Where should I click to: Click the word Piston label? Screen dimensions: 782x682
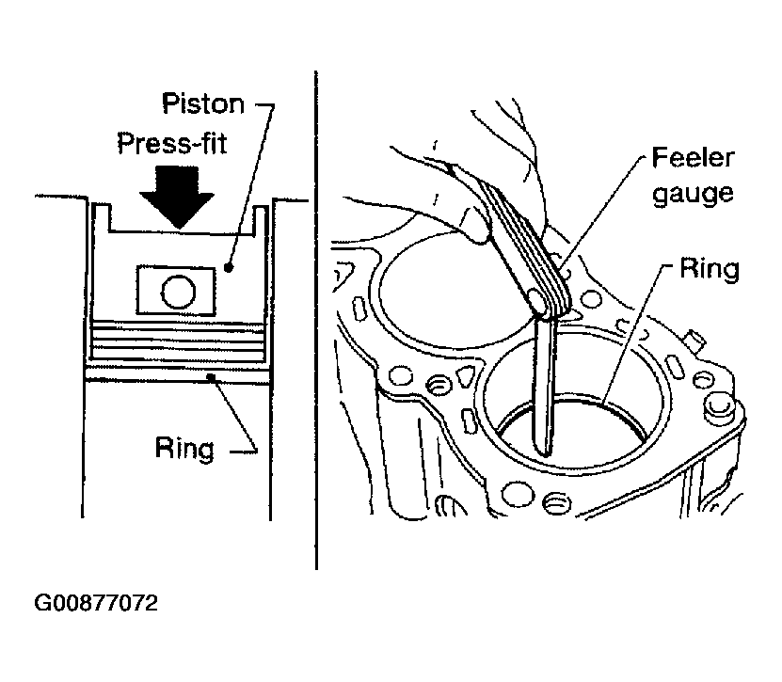pos(203,103)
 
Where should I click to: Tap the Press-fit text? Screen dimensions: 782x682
pos(172,143)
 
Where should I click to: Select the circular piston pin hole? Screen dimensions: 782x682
pos(179,292)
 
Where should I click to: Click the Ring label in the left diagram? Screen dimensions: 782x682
pos(184,448)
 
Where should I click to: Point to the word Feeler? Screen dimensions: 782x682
pos(693,157)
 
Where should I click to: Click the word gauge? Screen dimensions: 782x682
pos(693,193)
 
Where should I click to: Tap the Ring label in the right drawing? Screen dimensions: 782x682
pos(710,269)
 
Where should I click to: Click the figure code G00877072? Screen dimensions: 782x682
pos(96,603)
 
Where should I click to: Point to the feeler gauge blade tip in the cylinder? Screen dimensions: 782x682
pos(546,452)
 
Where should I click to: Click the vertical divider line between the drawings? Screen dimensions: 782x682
pos(316,320)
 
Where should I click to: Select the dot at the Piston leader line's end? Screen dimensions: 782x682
pos(229,268)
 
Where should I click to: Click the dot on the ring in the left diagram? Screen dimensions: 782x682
pos(212,376)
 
